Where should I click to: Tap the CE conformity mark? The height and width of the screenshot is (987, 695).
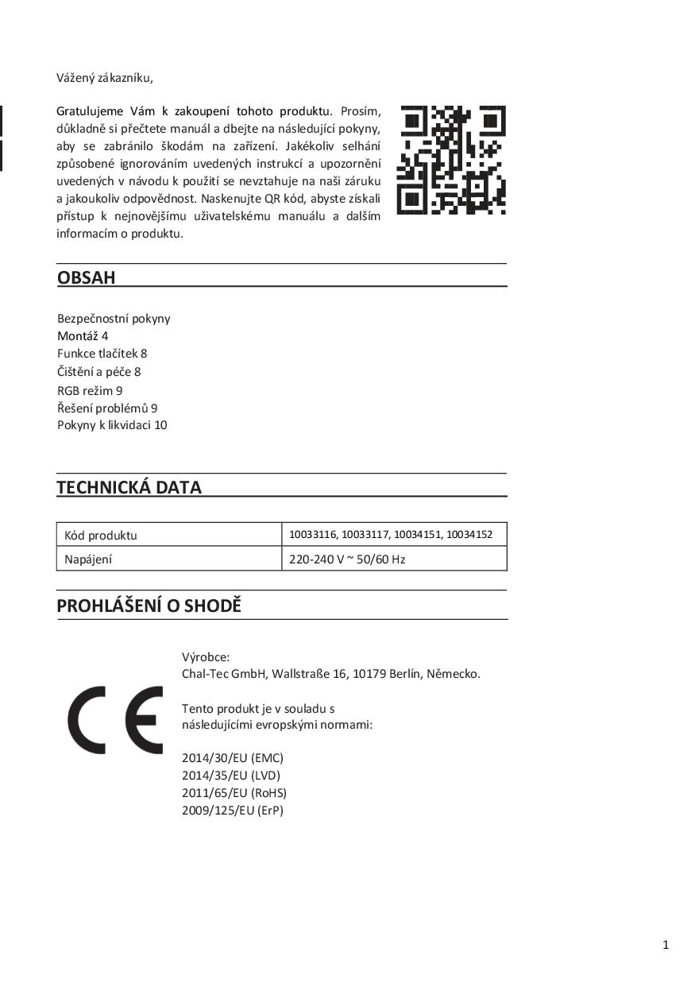pos(115,720)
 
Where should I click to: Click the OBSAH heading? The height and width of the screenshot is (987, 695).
pos(87,277)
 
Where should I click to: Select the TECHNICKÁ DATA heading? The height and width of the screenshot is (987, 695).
pos(129,487)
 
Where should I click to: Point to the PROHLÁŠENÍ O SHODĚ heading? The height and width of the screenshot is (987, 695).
pos(149,606)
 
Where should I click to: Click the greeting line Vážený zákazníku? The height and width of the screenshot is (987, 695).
pos(104,78)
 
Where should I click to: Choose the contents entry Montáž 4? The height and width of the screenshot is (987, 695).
pos(83,335)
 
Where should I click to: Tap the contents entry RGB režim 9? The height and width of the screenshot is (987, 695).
pos(90,390)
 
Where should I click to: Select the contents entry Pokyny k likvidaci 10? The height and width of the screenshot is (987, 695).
pos(112,424)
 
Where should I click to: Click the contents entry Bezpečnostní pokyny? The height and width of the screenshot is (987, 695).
pos(114,318)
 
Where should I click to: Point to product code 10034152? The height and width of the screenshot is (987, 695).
pos(469,535)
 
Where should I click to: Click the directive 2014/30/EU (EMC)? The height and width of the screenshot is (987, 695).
pos(233,757)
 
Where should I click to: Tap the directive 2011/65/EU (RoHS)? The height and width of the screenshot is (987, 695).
pos(234,792)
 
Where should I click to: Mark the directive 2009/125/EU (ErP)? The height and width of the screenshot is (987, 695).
pos(233,810)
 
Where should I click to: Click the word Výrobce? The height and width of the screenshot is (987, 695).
pos(206,656)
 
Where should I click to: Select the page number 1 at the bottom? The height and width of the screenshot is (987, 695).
pos(666,944)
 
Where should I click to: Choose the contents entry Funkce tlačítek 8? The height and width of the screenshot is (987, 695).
pos(102,353)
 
